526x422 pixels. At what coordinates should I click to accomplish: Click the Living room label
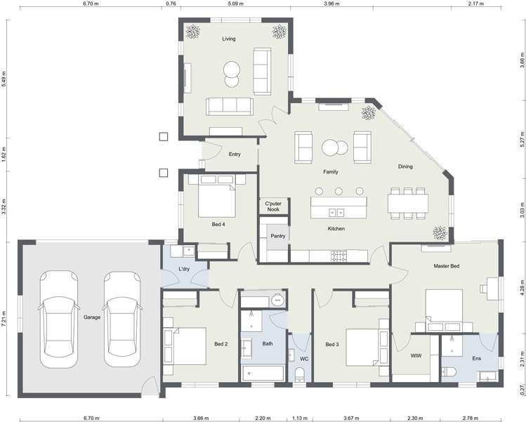click(x=229, y=39)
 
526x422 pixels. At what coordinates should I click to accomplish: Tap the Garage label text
click(x=92, y=317)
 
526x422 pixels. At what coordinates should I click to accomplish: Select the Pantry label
click(x=278, y=236)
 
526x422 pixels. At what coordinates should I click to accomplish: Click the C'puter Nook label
click(x=272, y=206)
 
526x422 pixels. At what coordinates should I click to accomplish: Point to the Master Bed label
click(x=446, y=267)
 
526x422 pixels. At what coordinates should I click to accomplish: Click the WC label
click(x=304, y=359)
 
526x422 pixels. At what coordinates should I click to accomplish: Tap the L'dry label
click(x=185, y=269)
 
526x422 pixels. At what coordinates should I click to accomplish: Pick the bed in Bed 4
click(x=215, y=199)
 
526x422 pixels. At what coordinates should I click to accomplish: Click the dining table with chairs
click(x=408, y=202)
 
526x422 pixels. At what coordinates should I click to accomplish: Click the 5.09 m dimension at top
click(x=235, y=4)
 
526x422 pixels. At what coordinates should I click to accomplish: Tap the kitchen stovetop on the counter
click(x=339, y=256)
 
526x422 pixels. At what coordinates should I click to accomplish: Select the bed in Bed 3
click(x=364, y=347)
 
